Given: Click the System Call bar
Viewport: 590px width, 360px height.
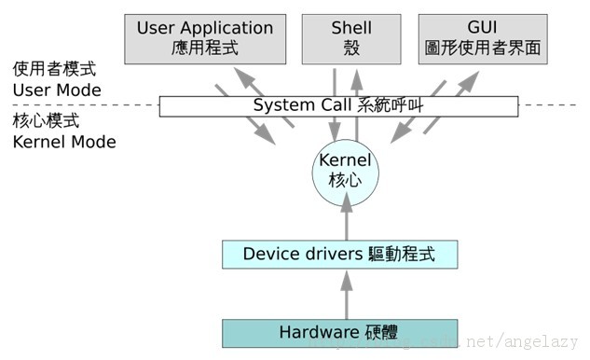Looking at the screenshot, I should click(x=339, y=105).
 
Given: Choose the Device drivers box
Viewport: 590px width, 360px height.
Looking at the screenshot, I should click(x=339, y=254).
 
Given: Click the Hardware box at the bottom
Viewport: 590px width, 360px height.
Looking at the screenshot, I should click(x=339, y=332).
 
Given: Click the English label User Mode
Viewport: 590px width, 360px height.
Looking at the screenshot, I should click(x=57, y=90).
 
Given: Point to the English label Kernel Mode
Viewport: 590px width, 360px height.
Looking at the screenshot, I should click(x=64, y=143).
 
